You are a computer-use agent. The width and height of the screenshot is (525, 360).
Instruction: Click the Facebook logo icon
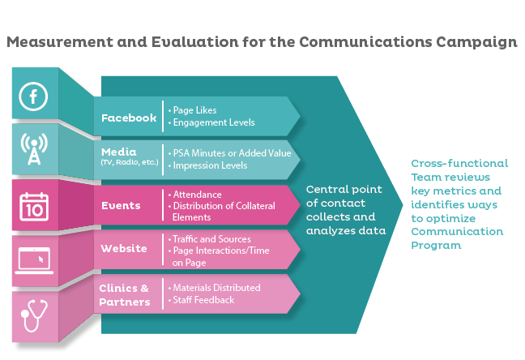(x=34, y=96)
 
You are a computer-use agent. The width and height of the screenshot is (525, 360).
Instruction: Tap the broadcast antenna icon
(x=34, y=148)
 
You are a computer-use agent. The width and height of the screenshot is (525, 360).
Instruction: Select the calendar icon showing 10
(x=34, y=205)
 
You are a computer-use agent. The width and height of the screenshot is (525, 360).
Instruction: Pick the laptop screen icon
(x=34, y=260)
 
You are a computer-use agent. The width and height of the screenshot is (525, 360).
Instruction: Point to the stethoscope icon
(x=34, y=315)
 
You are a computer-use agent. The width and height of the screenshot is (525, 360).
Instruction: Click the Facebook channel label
(x=129, y=118)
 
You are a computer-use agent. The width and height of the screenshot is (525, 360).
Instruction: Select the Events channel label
(x=121, y=206)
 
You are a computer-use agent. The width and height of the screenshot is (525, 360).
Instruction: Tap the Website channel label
(x=124, y=249)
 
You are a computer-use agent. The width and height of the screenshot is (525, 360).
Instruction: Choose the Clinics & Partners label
(x=125, y=295)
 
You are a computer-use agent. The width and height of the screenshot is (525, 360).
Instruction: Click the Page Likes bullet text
(x=194, y=110)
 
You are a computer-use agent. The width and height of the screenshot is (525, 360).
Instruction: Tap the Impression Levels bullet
(x=210, y=165)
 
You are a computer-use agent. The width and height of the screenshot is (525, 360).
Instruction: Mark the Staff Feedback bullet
(x=203, y=299)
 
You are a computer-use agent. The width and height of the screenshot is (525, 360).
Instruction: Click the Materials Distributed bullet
(x=216, y=287)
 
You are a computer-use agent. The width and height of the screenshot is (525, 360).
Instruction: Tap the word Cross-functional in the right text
(x=459, y=163)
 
